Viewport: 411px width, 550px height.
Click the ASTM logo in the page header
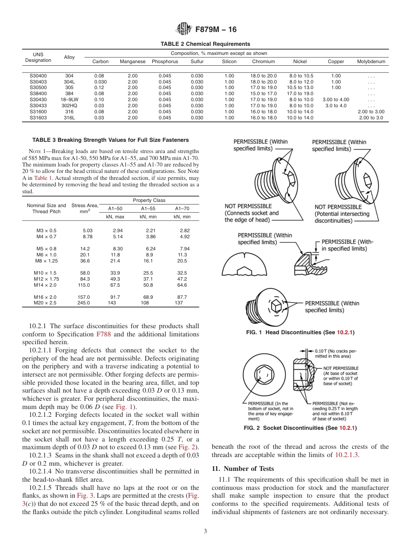point(183,29)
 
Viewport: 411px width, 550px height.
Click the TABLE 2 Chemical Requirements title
point(205,44)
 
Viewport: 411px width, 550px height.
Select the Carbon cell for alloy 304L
point(100,82)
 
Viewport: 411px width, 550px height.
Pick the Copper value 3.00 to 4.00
point(336,99)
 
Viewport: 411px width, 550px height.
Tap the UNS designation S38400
point(38,93)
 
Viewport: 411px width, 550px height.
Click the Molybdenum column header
point(371,62)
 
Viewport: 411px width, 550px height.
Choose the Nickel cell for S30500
point(300,88)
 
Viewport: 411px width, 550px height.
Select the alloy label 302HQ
point(69,106)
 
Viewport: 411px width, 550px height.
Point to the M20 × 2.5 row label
point(45,303)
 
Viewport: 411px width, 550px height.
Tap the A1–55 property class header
point(148,208)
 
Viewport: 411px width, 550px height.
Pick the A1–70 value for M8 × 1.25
point(182,261)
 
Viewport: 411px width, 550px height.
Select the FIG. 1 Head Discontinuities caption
point(300,332)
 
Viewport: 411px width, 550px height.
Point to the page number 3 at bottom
point(205,531)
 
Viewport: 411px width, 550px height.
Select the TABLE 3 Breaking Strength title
point(110,140)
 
